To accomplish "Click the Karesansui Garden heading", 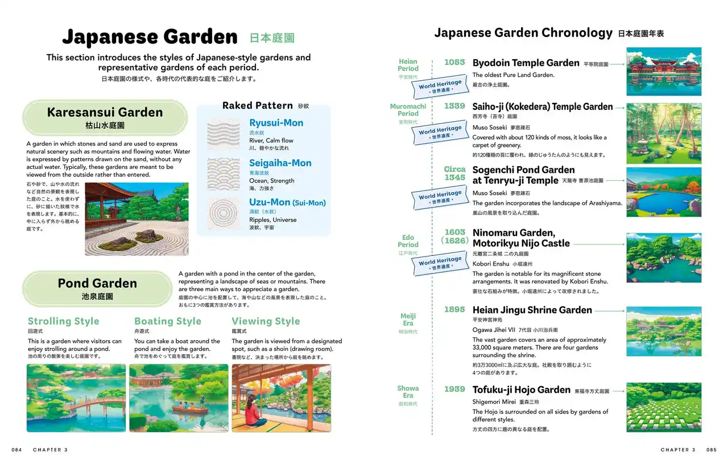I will click(x=105, y=113).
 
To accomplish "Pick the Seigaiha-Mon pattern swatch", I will click(x=224, y=173).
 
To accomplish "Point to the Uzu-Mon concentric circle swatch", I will click(x=224, y=213).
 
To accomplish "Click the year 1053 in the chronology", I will click(x=454, y=62).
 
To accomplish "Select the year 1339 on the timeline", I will click(x=454, y=106).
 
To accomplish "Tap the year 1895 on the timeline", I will click(x=454, y=310).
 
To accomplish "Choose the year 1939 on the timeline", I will click(x=454, y=390).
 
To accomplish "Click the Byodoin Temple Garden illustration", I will click(x=664, y=72).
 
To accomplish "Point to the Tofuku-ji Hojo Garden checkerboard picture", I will click(x=664, y=407).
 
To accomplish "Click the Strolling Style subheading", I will click(x=63, y=321).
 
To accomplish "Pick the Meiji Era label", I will click(x=408, y=320).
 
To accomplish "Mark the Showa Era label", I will click(x=408, y=392).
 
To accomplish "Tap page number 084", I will click(x=16, y=450).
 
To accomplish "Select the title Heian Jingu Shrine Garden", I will click(x=532, y=310).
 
